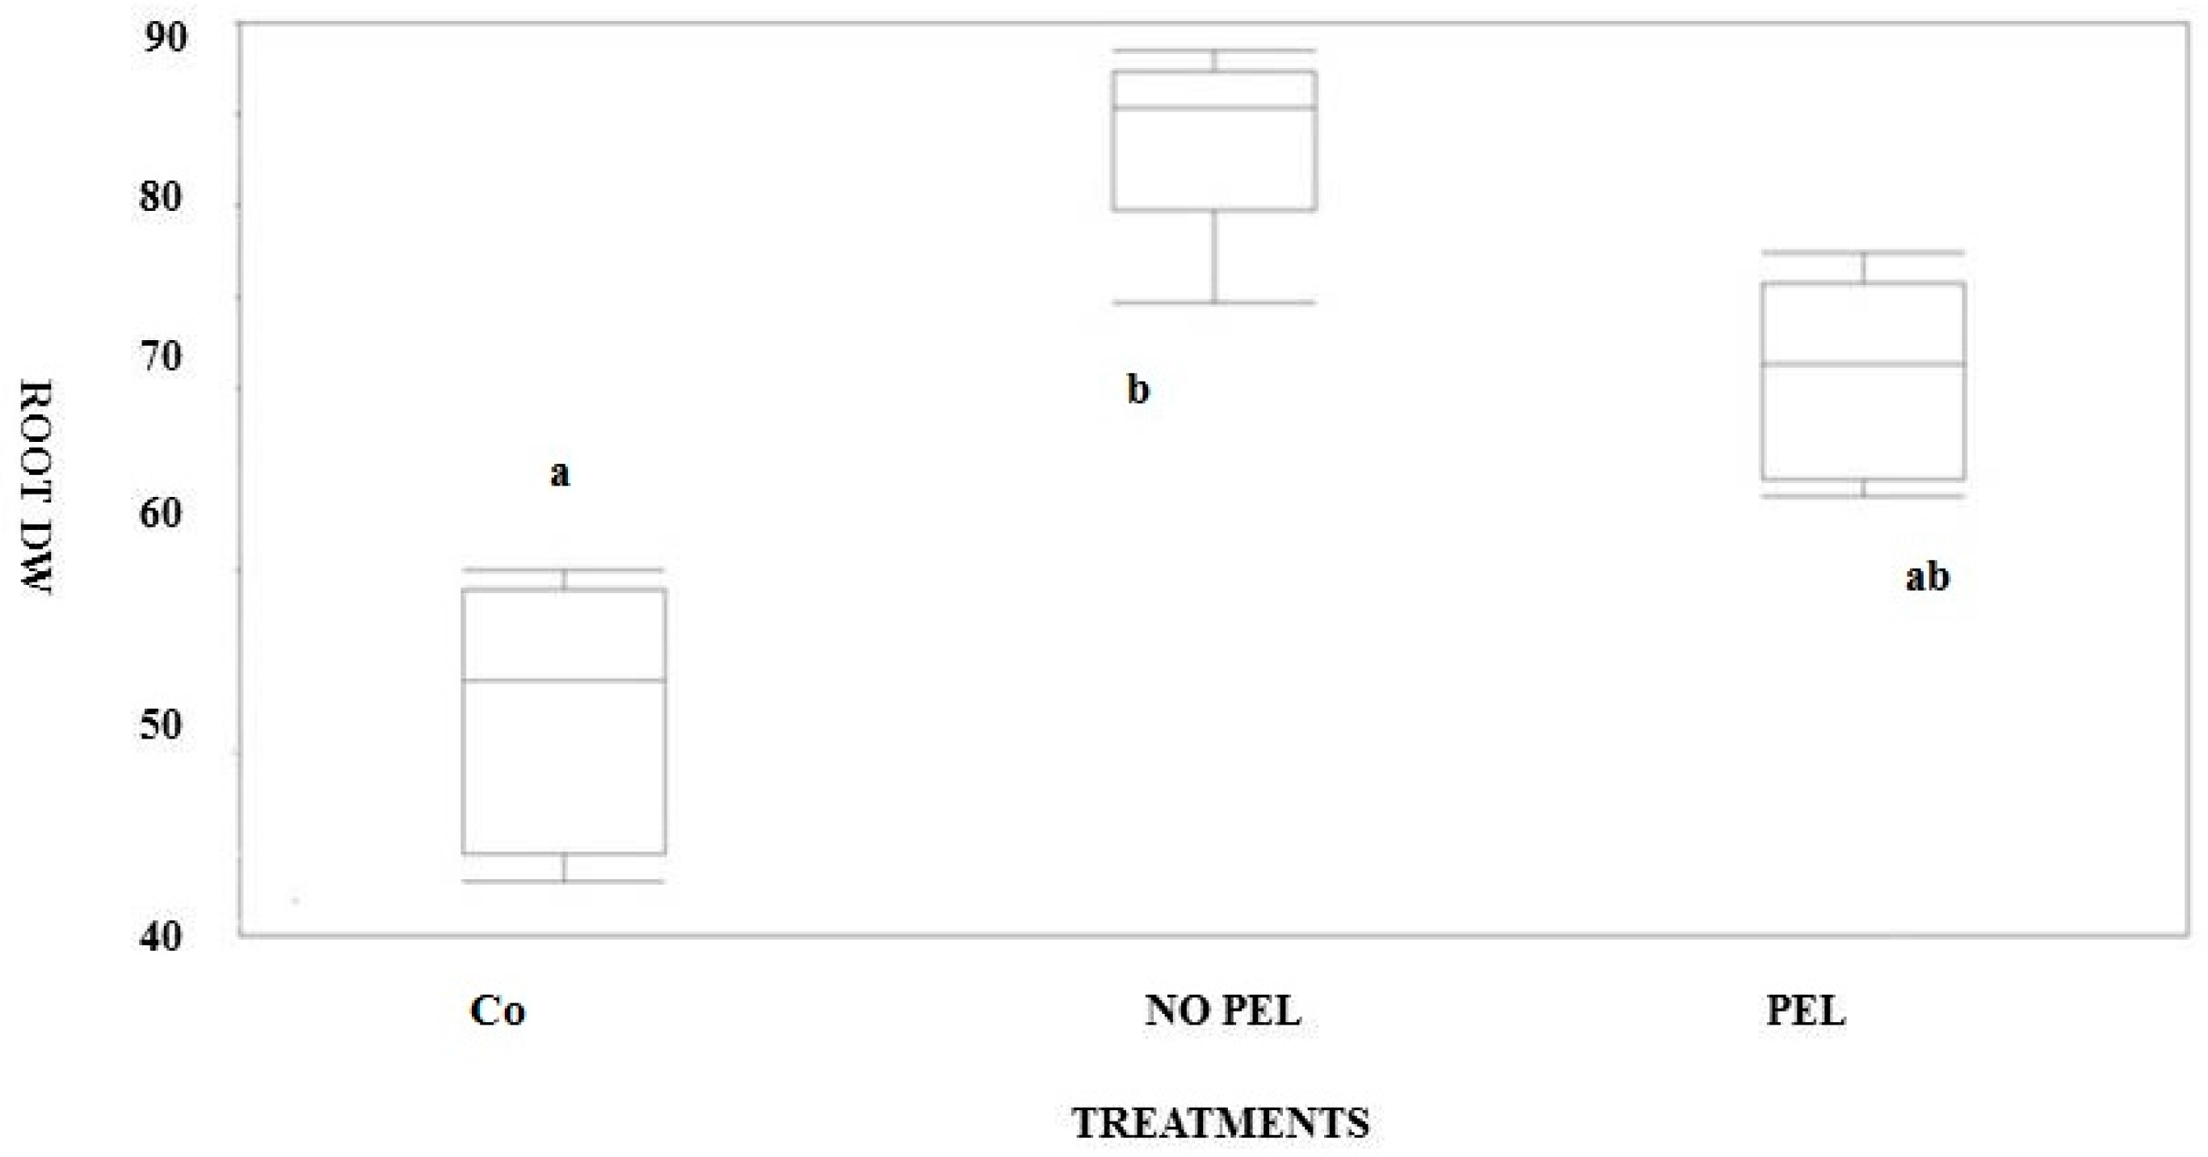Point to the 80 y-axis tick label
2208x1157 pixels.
pyautogui.click(x=161, y=197)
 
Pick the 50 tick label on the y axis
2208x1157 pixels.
pyautogui.click(x=161, y=725)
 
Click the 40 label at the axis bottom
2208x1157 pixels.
pyautogui.click(x=161, y=936)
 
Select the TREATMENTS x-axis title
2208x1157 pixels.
pyautogui.click(x=1221, y=1123)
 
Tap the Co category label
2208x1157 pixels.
pyautogui.click(x=497, y=1012)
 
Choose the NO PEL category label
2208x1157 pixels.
pyautogui.click(x=1223, y=1012)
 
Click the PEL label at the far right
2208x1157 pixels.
pyautogui.click(x=1805, y=1012)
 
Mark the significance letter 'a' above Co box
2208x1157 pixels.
pyautogui.click(x=560, y=473)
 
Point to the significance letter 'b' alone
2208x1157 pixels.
pyautogui.click(x=1138, y=390)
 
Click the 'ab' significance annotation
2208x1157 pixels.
pyautogui.click(x=1927, y=577)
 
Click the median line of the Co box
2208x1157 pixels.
pyautogui.click(x=564, y=680)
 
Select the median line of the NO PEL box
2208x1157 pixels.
pyautogui.click(x=1214, y=108)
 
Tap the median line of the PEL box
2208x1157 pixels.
pyautogui.click(x=1863, y=364)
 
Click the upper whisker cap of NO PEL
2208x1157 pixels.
pyautogui.click(x=1214, y=51)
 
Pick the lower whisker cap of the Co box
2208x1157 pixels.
pyautogui.click(x=564, y=881)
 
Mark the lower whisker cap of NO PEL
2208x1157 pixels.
pyautogui.click(x=1214, y=302)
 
